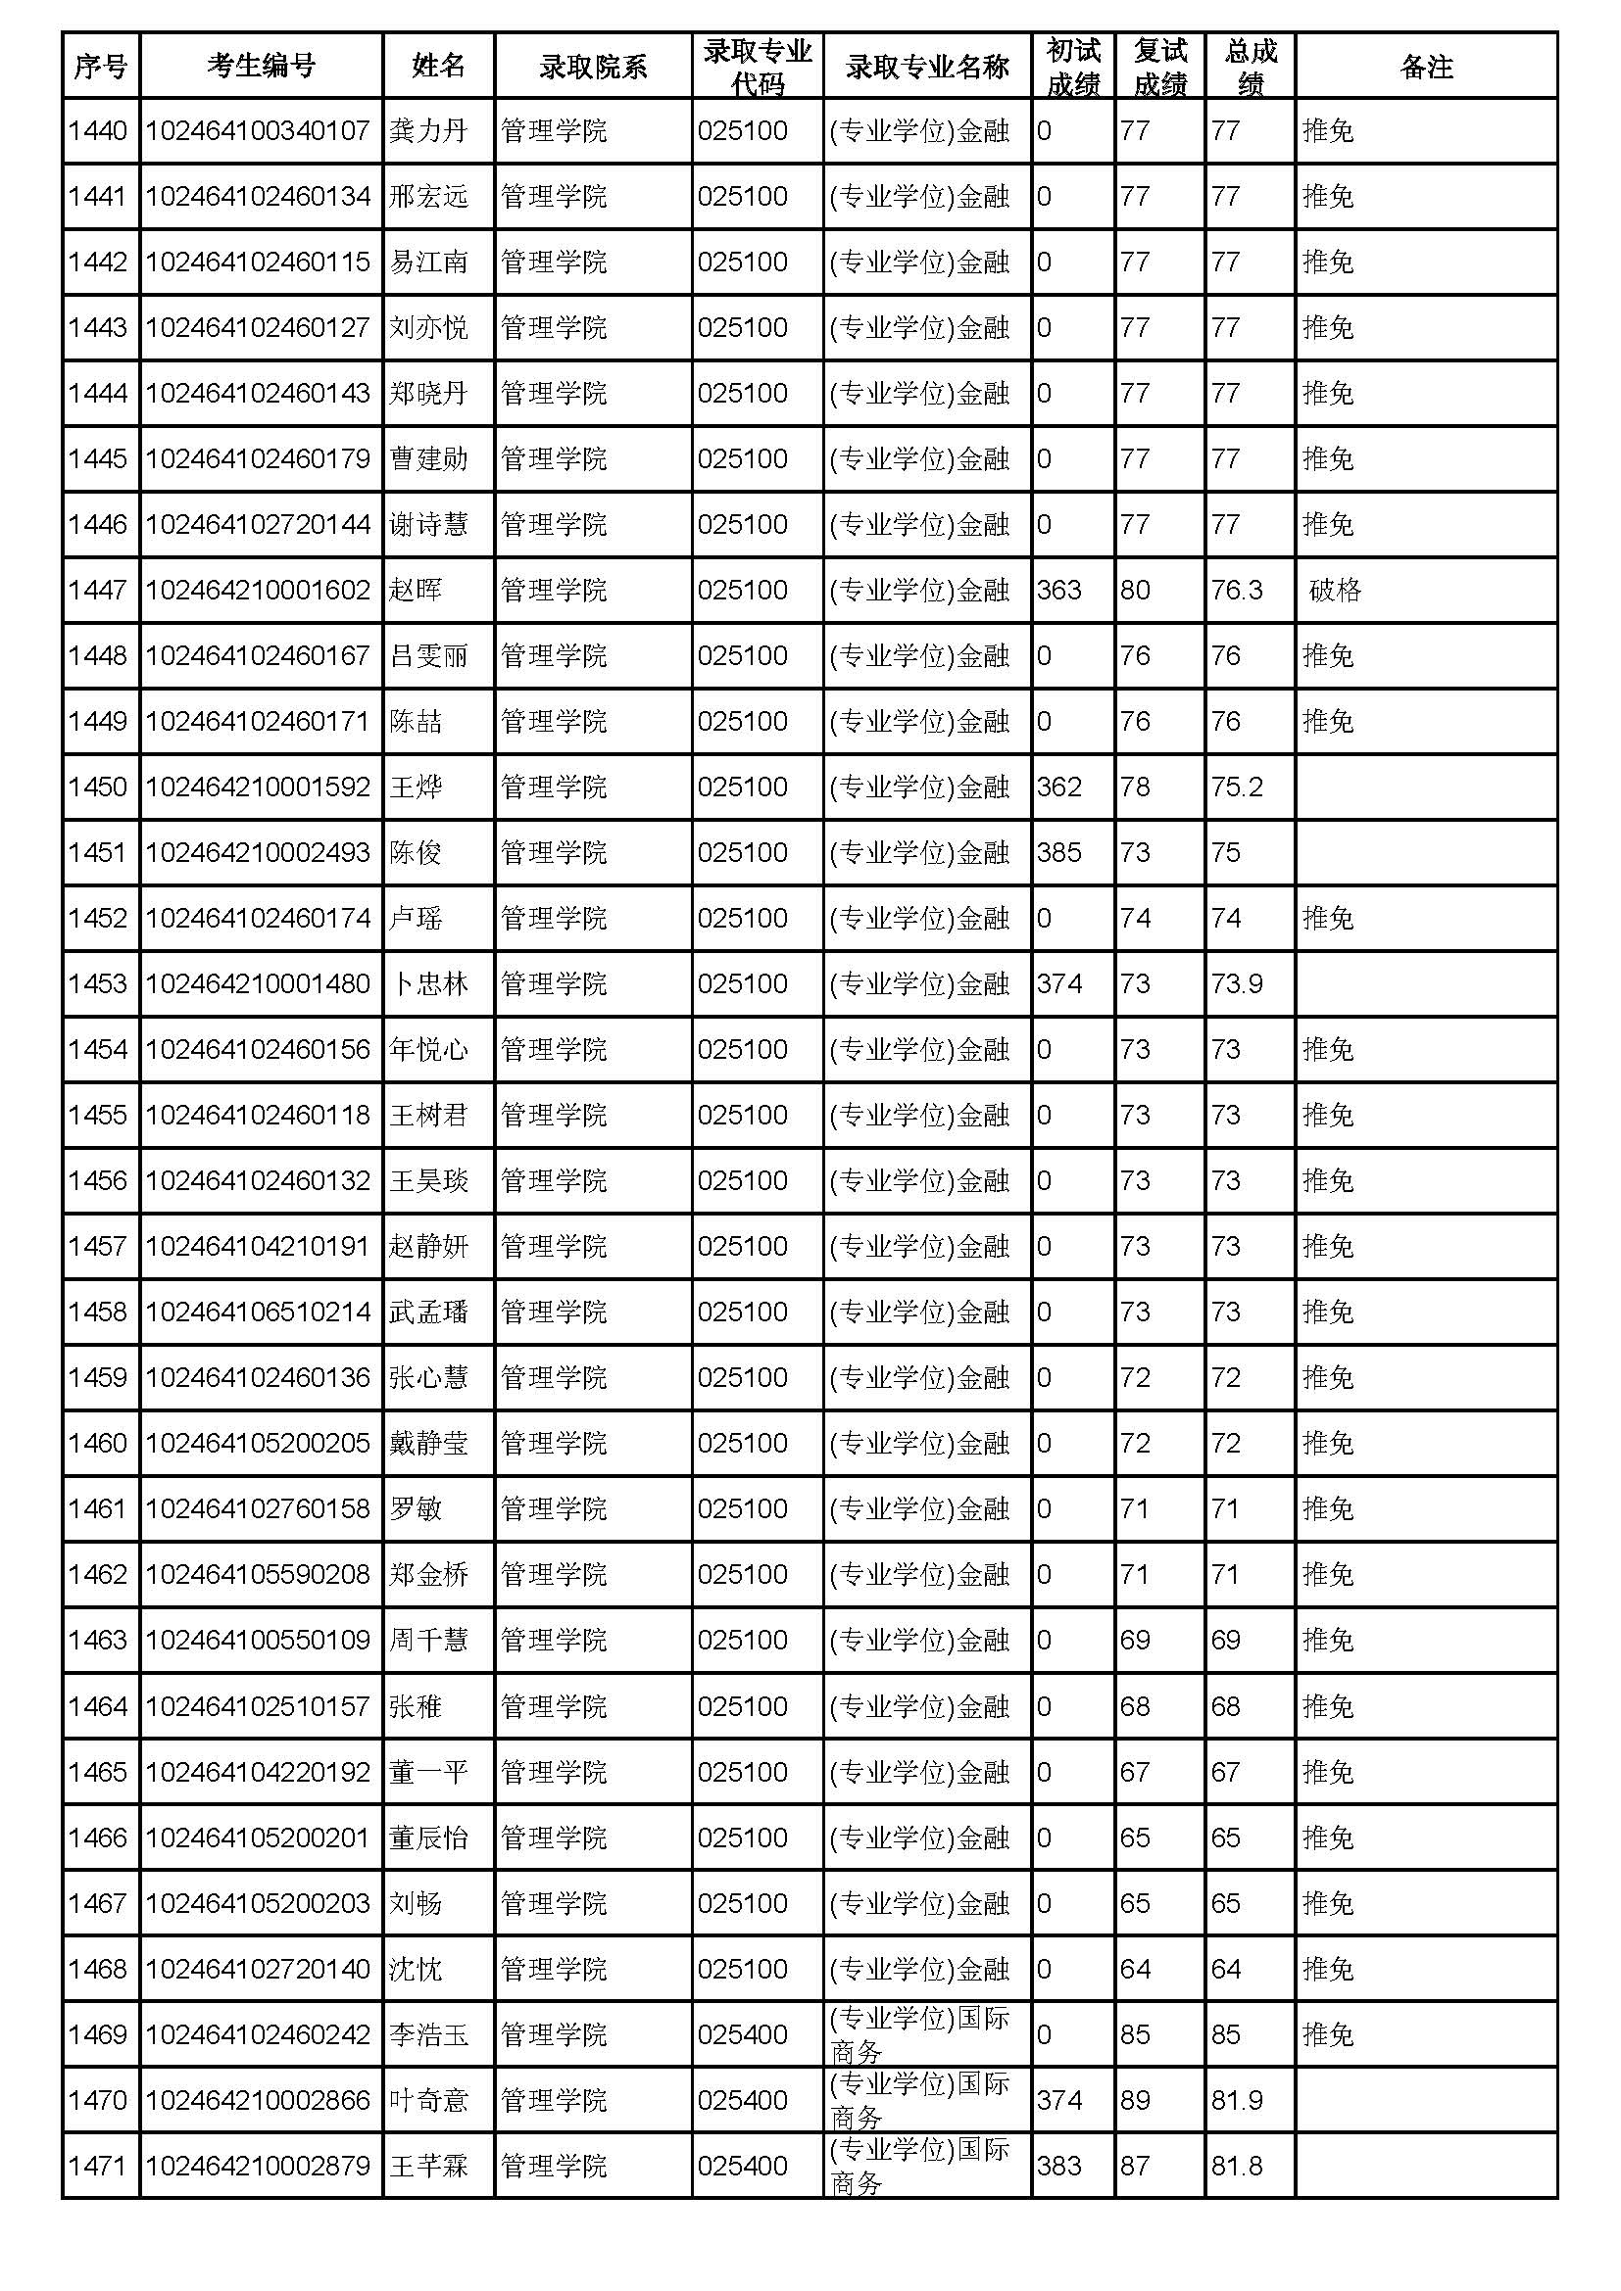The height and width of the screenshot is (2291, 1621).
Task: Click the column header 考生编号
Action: point(261,66)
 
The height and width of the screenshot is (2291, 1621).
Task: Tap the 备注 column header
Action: point(1425,66)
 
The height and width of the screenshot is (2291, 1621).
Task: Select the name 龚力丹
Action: point(428,130)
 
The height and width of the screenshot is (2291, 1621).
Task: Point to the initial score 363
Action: point(1059,590)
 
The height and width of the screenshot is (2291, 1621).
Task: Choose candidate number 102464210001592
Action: point(258,787)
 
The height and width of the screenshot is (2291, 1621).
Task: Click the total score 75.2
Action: point(1237,787)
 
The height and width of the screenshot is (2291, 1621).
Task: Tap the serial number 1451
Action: point(98,852)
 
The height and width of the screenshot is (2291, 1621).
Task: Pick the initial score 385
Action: point(1059,852)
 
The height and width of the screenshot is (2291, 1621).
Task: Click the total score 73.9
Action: point(1237,983)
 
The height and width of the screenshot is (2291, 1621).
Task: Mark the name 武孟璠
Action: point(428,1312)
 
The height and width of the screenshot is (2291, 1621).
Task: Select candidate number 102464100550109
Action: point(258,1640)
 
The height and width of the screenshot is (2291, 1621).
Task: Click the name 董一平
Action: point(428,1771)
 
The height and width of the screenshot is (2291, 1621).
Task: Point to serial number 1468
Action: point(98,1968)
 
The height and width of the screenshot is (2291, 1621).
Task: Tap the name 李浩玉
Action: point(428,2033)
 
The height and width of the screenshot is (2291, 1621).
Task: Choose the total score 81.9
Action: point(1237,2099)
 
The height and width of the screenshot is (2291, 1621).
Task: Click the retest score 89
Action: point(1135,2099)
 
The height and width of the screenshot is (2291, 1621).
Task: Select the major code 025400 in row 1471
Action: point(743,2166)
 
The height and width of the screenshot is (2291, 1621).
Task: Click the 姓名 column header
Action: point(438,66)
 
